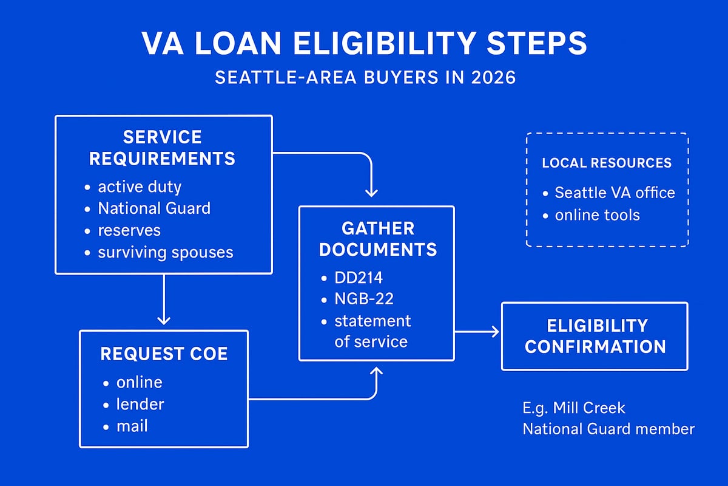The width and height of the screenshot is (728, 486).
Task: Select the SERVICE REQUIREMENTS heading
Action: pyautogui.click(x=163, y=148)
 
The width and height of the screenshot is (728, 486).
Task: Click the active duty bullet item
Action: pyautogui.click(x=140, y=186)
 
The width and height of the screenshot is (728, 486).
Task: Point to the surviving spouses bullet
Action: pyautogui.click(x=165, y=252)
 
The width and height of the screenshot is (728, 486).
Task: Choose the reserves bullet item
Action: pyautogui.click(x=129, y=230)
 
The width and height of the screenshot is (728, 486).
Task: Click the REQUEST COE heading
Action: pyautogui.click(x=164, y=354)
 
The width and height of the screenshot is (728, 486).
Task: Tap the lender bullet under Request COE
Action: pyautogui.click(x=140, y=404)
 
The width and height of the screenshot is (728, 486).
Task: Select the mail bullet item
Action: pyautogui.click(x=132, y=426)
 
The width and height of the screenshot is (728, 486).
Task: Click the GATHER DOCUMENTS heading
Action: pyautogui.click(x=378, y=239)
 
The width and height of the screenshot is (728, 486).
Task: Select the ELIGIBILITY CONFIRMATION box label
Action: pyautogui.click(x=595, y=336)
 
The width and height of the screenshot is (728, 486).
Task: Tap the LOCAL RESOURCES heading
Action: pyautogui.click(x=607, y=163)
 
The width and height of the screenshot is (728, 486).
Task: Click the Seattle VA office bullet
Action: pyautogui.click(x=615, y=193)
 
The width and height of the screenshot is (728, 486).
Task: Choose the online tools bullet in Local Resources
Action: pyautogui.click(x=597, y=215)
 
